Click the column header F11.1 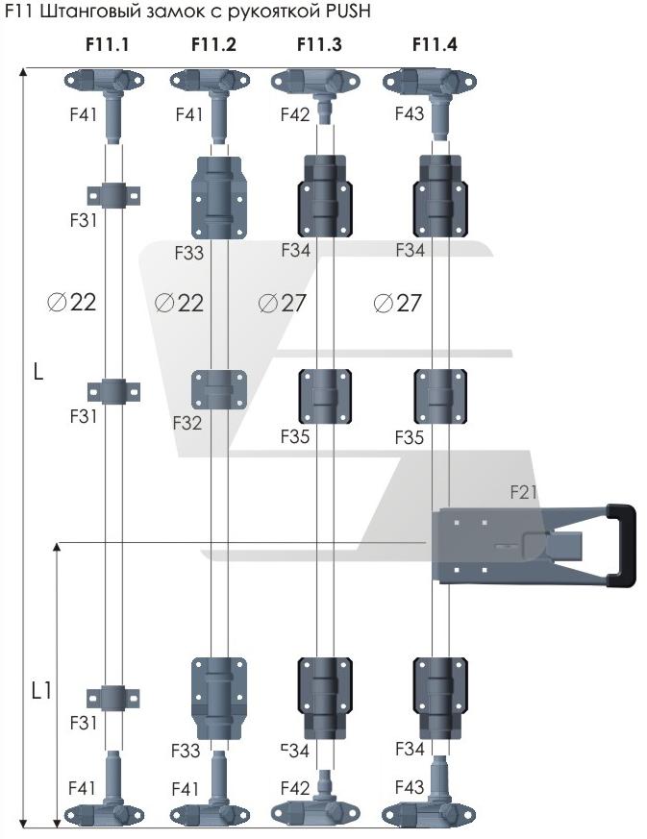[x=105, y=44]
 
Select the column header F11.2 [x=213, y=44]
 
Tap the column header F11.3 [x=318, y=44]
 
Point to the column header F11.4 [x=435, y=44]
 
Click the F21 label [x=523, y=493]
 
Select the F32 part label [x=188, y=422]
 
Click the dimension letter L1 [x=40, y=689]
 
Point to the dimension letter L [x=37, y=372]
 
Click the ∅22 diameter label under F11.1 [x=72, y=303]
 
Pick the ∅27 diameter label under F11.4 [x=397, y=303]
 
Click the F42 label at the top [x=295, y=113]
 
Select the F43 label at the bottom [x=410, y=788]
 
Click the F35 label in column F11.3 [x=295, y=437]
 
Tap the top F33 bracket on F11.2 [x=219, y=196]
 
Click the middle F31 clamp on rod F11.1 [x=114, y=392]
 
